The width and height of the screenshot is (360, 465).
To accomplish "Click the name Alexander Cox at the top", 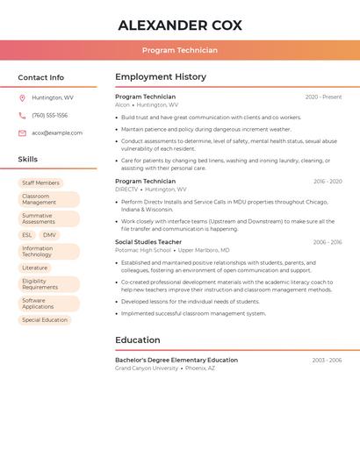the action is point(180,25).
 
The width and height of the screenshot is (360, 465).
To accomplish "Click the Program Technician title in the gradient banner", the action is point(180,50).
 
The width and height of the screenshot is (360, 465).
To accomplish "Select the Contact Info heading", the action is point(41,77).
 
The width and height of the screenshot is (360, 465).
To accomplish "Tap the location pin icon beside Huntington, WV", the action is point(22,97).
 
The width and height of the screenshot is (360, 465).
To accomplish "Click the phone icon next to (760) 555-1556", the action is point(22,115).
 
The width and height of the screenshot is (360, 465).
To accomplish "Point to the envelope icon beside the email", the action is point(22,132).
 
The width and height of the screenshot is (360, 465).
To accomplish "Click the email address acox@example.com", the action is point(57,132).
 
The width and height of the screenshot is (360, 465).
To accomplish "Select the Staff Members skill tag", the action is point(40,182).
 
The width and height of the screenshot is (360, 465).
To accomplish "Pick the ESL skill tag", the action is point(27,235).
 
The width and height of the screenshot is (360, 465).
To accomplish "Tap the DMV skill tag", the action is point(49,235).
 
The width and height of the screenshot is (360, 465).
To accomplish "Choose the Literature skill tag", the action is point(35,268).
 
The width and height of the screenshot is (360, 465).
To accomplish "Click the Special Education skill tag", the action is point(45,320).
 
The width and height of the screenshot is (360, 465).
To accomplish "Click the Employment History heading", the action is point(161,77).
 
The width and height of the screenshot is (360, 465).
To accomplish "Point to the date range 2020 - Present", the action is point(323,97).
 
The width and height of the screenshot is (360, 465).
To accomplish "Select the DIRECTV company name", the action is point(126,190).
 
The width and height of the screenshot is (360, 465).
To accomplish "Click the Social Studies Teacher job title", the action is point(148,242).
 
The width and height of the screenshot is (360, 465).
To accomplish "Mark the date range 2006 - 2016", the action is point(327,242).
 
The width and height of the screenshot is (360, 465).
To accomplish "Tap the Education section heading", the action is point(138,340).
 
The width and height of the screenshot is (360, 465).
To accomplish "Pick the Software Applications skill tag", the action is point(38,304).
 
